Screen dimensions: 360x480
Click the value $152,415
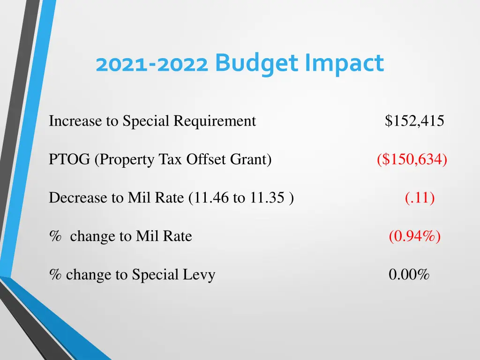(414, 121)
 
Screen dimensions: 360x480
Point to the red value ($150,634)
(412, 160)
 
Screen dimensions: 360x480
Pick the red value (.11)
(420, 198)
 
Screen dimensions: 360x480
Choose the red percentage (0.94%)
(414, 236)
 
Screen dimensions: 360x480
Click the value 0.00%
(409, 275)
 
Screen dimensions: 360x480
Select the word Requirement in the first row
(215, 121)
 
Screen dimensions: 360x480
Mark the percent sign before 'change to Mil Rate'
(55, 236)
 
